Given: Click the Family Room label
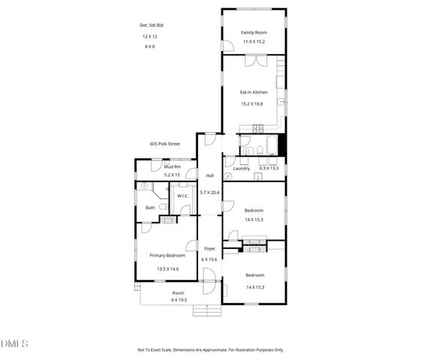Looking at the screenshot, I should [254, 33].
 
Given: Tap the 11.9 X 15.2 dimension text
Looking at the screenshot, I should [254, 42].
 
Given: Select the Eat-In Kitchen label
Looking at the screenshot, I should [254, 92].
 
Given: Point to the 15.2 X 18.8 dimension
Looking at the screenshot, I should [254, 104].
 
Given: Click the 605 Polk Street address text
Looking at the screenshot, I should [164, 143].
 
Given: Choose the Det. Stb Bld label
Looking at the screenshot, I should [152, 25].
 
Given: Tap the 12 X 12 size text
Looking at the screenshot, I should [152, 36].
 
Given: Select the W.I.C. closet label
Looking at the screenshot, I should [183, 196].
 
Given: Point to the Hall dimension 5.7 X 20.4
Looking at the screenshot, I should [210, 193].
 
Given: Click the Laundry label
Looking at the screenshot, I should [241, 169].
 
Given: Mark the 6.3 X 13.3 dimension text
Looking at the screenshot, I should [269, 169].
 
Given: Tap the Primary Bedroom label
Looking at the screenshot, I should [167, 255].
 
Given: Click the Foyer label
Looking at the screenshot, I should [210, 248].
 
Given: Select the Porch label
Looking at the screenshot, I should [178, 292].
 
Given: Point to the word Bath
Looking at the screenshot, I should [150, 208].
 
